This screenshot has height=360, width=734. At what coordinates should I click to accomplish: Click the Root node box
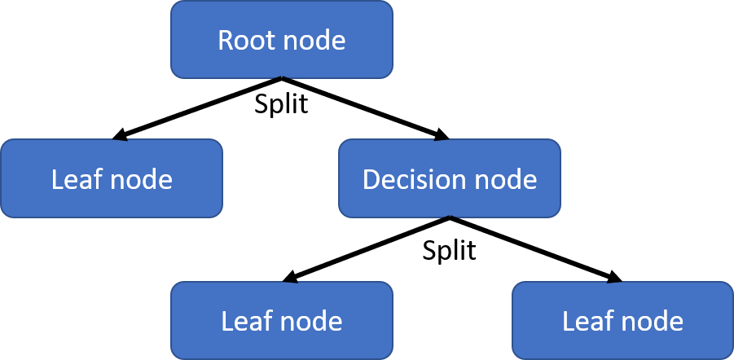click(x=281, y=39)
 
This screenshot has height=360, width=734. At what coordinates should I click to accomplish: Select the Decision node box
click(x=450, y=178)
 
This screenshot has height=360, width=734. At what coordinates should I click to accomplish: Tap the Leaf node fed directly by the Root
click(x=112, y=178)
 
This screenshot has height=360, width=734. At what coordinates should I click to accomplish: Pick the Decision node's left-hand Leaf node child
click(x=281, y=321)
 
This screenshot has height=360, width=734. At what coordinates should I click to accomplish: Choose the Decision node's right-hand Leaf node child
click(x=622, y=321)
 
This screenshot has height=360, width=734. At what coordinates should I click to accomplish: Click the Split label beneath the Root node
click(x=281, y=104)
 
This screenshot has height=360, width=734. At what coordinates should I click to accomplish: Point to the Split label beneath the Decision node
click(x=450, y=251)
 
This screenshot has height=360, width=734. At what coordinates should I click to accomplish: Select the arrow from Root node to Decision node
click(x=365, y=108)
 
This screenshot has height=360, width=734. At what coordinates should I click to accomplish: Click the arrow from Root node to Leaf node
click(x=197, y=108)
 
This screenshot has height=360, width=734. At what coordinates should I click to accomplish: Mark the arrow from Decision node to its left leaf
click(x=366, y=249)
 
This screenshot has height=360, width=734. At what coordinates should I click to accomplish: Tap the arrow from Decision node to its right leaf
click(x=536, y=249)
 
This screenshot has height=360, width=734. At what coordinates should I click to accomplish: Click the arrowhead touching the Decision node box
click(x=441, y=135)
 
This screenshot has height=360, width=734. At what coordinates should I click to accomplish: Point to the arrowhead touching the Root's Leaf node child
click(x=121, y=135)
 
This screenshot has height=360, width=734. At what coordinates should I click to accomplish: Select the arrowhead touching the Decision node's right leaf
click(x=614, y=277)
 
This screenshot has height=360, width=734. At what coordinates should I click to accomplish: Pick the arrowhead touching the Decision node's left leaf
click(x=291, y=277)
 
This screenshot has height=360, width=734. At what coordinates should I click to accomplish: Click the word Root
click(x=245, y=40)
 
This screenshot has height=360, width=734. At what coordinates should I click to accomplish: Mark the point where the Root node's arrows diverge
click(x=281, y=77)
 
